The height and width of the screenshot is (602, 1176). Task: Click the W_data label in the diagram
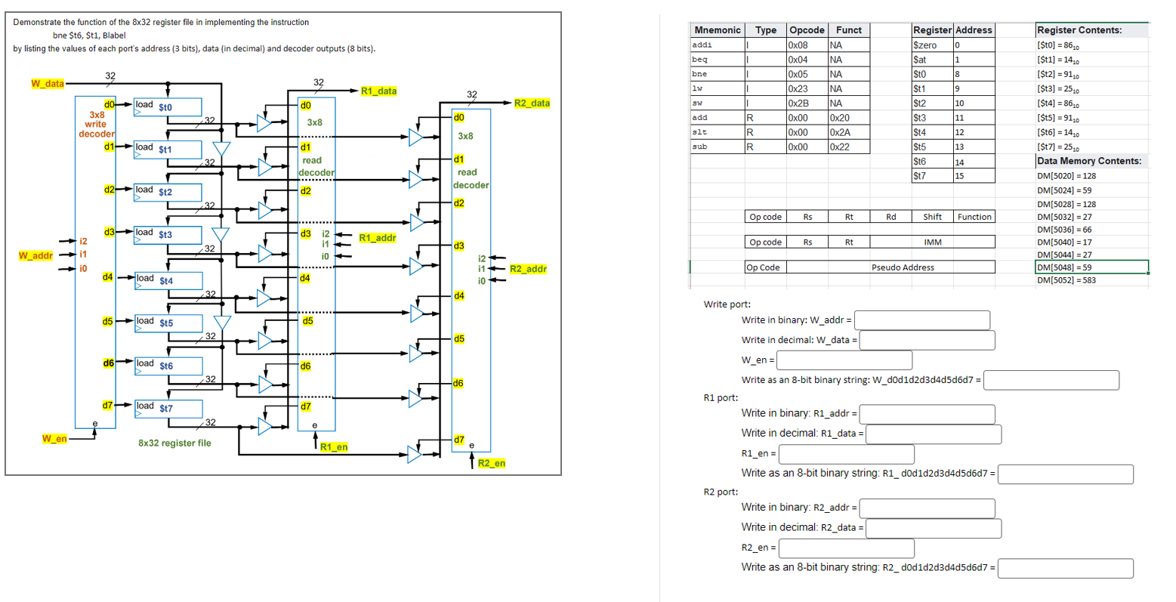[47, 83]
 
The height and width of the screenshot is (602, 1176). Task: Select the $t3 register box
[168, 235]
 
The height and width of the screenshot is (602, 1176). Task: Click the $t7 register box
[168, 409]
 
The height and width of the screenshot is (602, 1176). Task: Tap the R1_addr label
[378, 238]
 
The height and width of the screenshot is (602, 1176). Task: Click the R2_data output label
[532, 103]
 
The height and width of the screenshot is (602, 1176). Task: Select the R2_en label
[491, 463]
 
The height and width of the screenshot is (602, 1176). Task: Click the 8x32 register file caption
[174, 443]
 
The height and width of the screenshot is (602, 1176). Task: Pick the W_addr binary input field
[922, 320]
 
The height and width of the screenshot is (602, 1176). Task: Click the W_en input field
[844, 360]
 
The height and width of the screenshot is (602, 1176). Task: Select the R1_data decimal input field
[934, 434]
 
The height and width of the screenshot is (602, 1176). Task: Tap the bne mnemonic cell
[700, 74]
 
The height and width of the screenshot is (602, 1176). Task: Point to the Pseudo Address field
[903, 267]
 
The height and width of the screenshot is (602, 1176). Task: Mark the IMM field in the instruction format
[932, 242]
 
